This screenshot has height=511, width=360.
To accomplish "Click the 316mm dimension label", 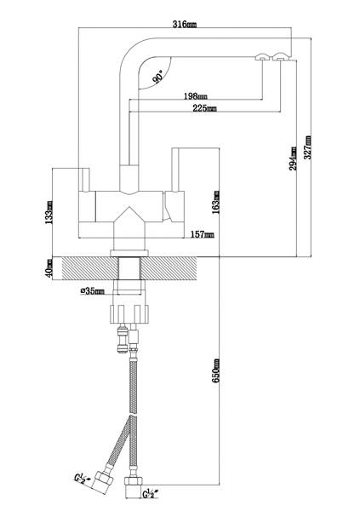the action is point(185,24).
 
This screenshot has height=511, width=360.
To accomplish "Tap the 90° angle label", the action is point(158,77).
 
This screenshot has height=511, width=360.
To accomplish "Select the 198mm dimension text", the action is point(196,96).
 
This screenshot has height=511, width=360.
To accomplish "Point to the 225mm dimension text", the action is point(204,108).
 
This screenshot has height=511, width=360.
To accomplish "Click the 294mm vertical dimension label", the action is point(293,158).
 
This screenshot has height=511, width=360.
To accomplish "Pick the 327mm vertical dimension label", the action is point(307,147).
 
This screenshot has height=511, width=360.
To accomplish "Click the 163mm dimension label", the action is point(215,202).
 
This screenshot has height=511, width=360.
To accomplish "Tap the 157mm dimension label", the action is point(203,234).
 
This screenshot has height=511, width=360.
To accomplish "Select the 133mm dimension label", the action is point(49,212).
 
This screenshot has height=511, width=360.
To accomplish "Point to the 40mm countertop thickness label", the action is point(49,268).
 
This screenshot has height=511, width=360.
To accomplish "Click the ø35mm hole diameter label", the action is point(93,290).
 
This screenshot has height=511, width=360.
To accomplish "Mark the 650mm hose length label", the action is point(215,370).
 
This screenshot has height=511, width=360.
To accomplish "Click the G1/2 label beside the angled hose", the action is point(80,478).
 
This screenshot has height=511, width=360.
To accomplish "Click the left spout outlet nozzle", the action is point(262,57).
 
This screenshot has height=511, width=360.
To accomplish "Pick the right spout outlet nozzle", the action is point(281,56).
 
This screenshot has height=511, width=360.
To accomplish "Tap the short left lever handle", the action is point(86,180).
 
